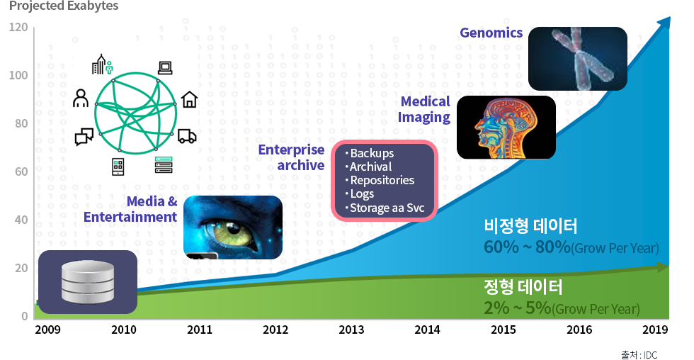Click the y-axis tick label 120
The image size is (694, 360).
pos(18,28)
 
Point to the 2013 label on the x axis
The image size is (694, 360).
pos(351,330)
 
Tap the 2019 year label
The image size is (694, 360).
pos(656,330)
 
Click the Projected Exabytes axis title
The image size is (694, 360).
pos(64,6)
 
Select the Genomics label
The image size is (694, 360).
pos(491,33)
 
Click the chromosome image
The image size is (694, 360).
pos(578,58)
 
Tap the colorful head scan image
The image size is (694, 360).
pos(506,127)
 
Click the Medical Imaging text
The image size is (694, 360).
pos(424,109)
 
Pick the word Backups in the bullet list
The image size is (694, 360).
pos(372,153)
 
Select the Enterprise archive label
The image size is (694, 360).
pos(291,157)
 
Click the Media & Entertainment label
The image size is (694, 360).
pos(130,209)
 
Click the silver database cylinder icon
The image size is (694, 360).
pos(88,282)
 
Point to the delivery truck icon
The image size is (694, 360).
pos(187,136)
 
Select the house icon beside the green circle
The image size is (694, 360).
pos(190,99)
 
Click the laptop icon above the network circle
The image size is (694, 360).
pos(165,68)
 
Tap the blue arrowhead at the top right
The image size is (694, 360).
pos(664,23)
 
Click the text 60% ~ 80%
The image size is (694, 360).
pos(527,247)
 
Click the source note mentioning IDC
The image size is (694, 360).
pos(639,355)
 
